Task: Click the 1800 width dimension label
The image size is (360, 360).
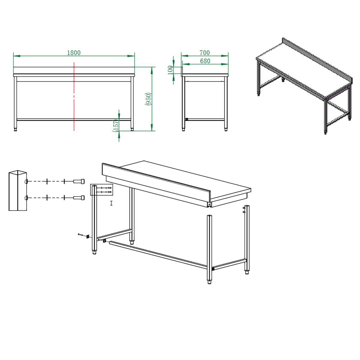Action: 74,53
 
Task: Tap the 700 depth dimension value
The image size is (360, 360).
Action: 205,53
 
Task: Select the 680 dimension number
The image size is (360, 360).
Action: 205,61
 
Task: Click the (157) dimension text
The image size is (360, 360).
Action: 115,125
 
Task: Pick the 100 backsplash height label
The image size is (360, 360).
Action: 170,70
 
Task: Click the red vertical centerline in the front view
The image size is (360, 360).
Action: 74,96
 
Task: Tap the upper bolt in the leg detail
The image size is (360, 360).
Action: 79,181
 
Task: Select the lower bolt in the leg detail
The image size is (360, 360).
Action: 79,198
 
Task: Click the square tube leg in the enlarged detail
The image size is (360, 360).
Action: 18,190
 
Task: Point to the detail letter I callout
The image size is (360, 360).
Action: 111,203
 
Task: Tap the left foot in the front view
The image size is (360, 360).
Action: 16,129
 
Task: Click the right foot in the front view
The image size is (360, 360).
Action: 132,129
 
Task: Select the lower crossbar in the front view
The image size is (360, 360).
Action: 74,120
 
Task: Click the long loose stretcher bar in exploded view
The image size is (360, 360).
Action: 158,255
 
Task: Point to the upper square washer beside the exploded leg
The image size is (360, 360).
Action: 87,236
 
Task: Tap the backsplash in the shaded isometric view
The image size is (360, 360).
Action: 317,60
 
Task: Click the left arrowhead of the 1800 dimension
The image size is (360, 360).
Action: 17,56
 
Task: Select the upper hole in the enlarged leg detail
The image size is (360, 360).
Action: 26,181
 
